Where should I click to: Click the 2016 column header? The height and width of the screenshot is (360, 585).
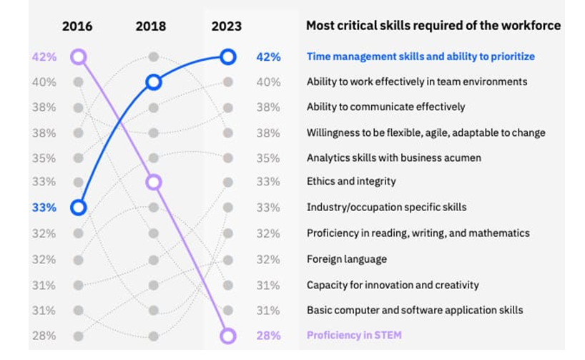pos(77,26)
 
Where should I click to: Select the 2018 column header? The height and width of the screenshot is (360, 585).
pos(151,26)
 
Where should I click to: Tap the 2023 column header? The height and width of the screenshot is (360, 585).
pos(227,26)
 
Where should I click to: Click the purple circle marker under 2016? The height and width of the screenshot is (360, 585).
pos(79,57)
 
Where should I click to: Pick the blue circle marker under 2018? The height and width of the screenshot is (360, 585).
pos(153,82)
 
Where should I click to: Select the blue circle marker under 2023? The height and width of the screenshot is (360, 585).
pos(228,57)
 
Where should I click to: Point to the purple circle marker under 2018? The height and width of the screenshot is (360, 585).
pos(153,183)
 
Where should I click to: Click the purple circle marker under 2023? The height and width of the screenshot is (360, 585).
pos(228,335)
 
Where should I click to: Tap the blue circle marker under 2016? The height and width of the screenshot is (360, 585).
pos(79,208)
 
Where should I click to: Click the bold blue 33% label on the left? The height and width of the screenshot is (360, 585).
pos(44,208)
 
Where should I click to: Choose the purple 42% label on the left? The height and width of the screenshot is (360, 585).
pos(44,57)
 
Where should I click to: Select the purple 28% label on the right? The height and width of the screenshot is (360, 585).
pos(268,335)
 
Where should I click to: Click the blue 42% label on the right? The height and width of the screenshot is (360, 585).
pos(268,57)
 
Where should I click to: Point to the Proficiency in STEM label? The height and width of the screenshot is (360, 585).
pos(354,335)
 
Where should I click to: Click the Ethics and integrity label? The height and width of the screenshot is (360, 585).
pos(351,182)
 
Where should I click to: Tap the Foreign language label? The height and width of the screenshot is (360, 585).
pos(347,259)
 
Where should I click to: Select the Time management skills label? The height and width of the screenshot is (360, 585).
pos(421,57)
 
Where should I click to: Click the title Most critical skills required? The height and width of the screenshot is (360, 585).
pos(433,26)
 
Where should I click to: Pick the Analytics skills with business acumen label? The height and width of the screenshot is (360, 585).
pos(394,157)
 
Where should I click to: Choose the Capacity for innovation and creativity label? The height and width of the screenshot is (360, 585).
pos(393,285)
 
